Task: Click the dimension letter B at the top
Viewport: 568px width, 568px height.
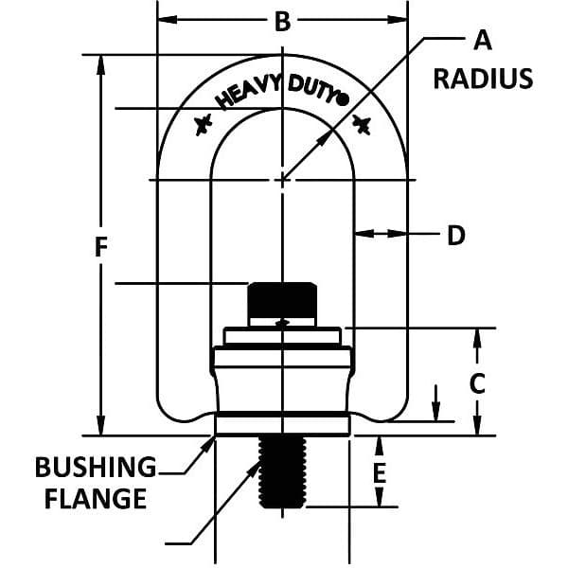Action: pyautogui.click(x=281, y=22)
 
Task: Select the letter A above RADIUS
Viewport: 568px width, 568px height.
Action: pyautogui.click(x=482, y=41)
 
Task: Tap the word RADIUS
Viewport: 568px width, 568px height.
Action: pyautogui.click(x=483, y=78)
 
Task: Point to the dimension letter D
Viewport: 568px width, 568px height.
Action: pyautogui.click(x=456, y=236)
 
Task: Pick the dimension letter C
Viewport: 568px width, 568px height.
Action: pyautogui.click(x=478, y=382)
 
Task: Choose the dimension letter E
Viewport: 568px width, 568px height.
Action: pyautogui.click(x=381, y=471)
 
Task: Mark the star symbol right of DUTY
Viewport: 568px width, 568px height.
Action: pyautogui.click(x=362, y=123)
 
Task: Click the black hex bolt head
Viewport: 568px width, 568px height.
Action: pyautogui.click(x=280, y=301)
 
